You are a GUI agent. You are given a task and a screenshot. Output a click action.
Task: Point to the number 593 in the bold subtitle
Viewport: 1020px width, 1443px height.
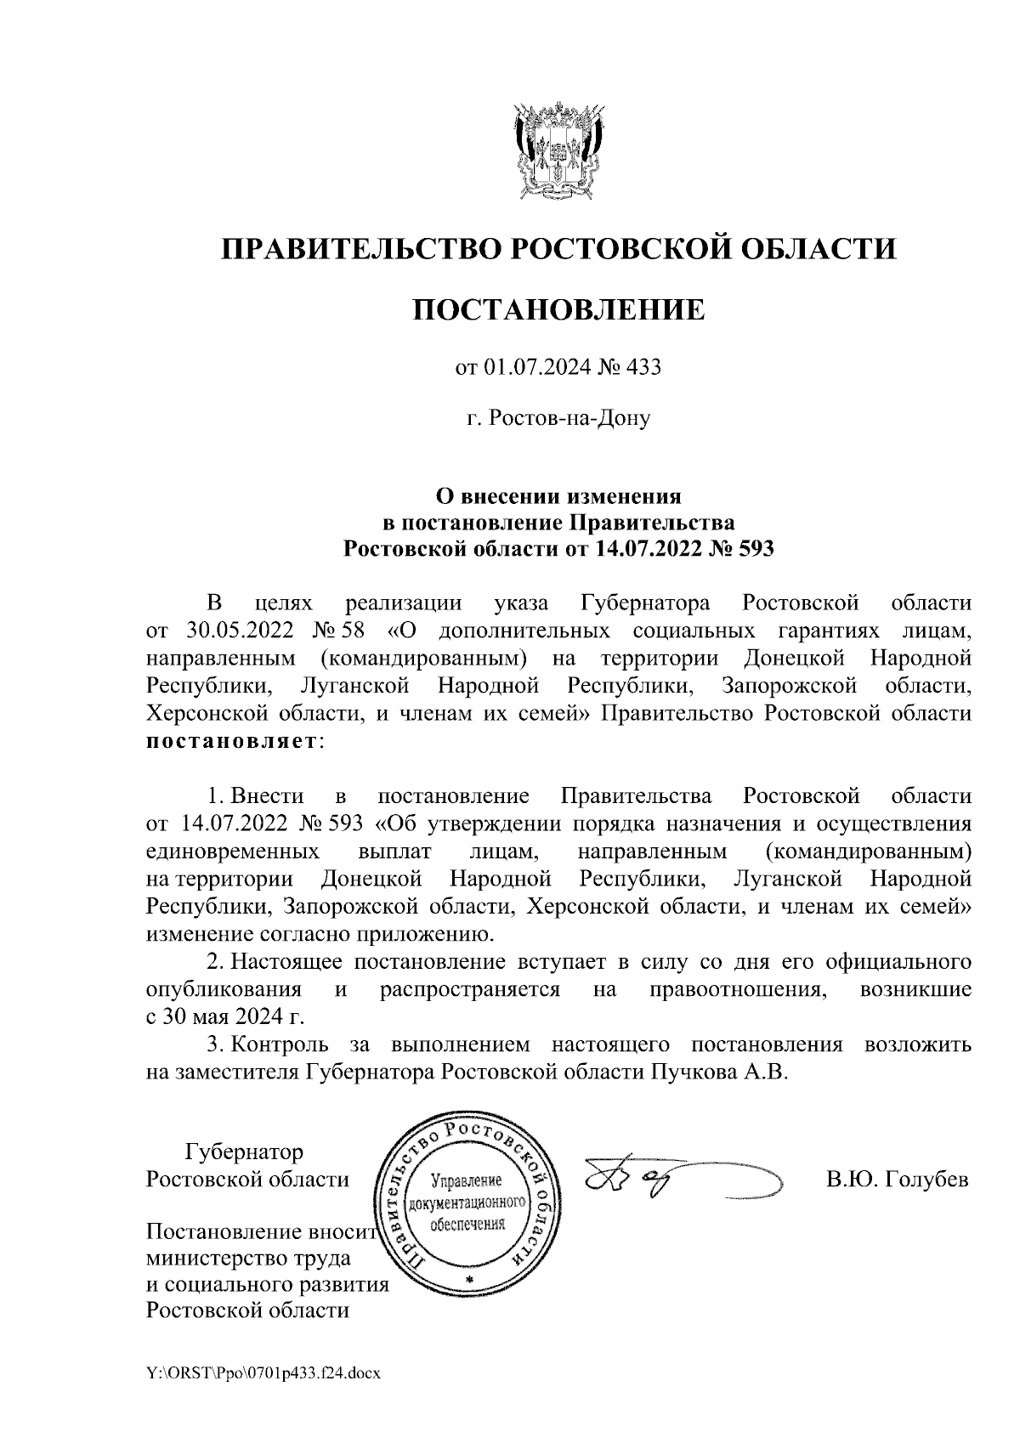point(756,548)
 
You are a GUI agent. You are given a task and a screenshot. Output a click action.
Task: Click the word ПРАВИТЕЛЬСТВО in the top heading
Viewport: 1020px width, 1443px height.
point(358,250)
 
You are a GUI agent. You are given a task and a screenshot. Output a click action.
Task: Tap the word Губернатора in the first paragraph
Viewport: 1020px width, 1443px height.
point(645,604)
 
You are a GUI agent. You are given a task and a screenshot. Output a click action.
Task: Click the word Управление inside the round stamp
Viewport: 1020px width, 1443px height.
point(468,1180)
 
